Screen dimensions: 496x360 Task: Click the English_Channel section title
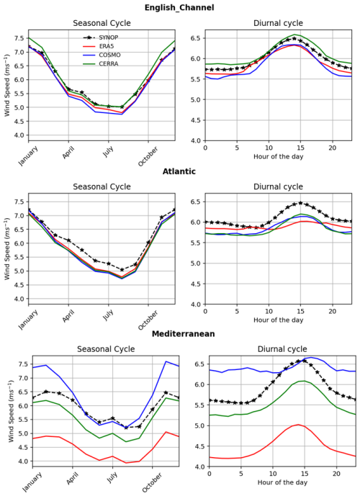[x=180, y=7]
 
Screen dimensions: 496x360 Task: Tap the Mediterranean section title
[x=180, y=334]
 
